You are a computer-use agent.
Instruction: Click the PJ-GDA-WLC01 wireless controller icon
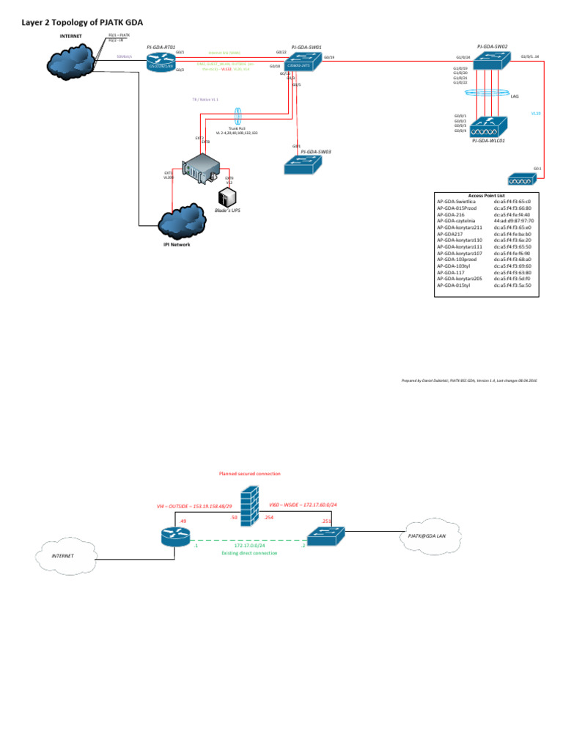pyautogui.click(x=487, y=125)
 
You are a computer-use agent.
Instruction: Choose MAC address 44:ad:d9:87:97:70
pyautogui.click(x=515, y=220)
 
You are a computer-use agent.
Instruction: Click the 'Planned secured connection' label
pyautogui.click(x=249, y=474)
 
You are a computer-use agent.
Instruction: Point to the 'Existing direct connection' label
pyautogui.click(x=249, y=553)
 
